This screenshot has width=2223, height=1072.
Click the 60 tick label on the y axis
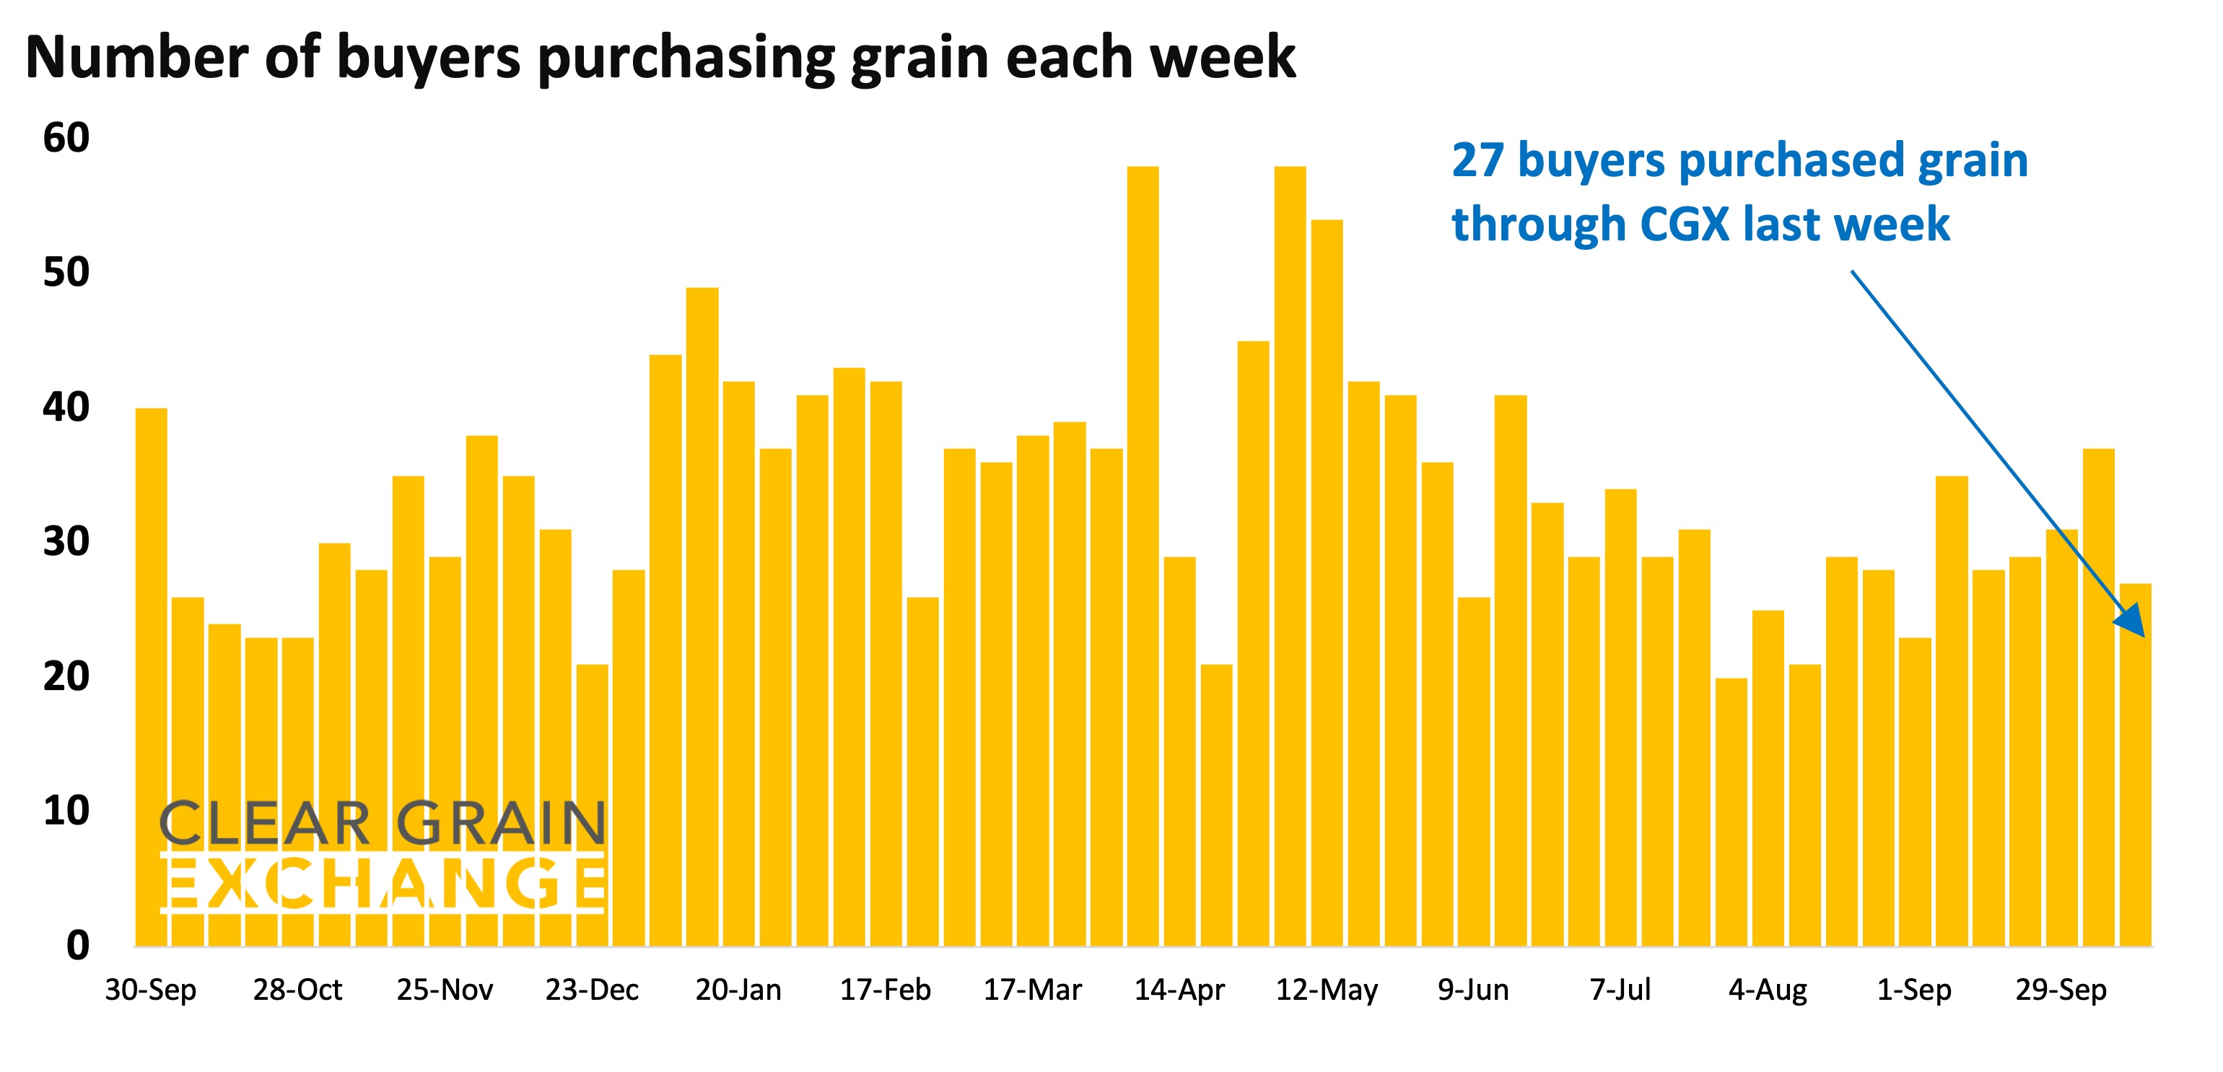pos(66,138)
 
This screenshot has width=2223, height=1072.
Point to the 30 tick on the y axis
pos(66,542)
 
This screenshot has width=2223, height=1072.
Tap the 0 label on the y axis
pos(78,946)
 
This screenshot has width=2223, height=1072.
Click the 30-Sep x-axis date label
pos(151,989)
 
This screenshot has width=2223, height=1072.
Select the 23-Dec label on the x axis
pos(592,989)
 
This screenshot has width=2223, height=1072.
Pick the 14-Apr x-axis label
pos(1179,989)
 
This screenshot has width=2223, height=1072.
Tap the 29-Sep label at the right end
pos(2061,989)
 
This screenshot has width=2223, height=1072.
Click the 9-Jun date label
pos(1473,989)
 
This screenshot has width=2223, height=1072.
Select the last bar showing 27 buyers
pos(2135,768)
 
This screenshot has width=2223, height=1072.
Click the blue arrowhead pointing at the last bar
pos(2131,619)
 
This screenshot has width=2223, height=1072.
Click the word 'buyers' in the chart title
pos(428,58)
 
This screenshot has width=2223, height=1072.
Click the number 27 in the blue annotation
pos(1477,162)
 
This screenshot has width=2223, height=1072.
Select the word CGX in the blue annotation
pos(1684,225)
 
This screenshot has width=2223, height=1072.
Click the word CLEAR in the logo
pos(266,824)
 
